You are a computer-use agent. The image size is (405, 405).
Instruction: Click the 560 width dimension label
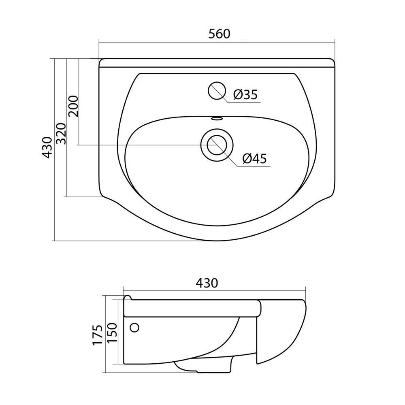click(x=219, y=34)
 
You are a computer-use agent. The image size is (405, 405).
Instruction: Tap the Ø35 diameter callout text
click(x=245, y=94)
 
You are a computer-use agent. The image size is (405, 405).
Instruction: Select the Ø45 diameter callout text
click(x=255, y=158)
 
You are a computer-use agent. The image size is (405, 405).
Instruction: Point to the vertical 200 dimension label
click(x=73, y=106)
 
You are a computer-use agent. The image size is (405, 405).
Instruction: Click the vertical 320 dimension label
click(x=62, y=134)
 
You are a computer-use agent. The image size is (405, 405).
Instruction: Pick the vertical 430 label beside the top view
click(x=47, y=147)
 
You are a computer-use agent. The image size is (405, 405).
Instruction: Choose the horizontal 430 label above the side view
click(x=207, y=283)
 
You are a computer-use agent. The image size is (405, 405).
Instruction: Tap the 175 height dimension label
click(x=98, y=335)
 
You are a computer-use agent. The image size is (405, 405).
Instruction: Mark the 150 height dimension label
click(x=112, y=333)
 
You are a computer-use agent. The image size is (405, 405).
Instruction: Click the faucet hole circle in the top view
click(x=217, y=91)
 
